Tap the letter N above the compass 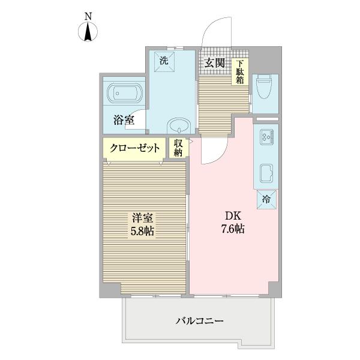pos(88,16)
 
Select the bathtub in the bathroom pos(124,94)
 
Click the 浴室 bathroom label pos(123,120)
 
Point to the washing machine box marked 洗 pos(164,60)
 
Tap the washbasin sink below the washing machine pos(179,127)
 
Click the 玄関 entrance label pos(215,62)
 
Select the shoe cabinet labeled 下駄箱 pos(240,71)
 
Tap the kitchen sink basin pos(266,175)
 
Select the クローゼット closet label pos(135,148)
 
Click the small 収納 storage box pos(178,148)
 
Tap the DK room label pos(232,217)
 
